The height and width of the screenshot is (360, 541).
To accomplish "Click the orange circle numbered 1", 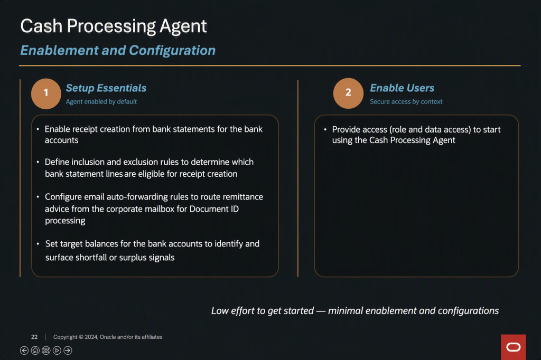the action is coord(46,93).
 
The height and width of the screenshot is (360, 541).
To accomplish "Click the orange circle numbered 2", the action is coord(348,93).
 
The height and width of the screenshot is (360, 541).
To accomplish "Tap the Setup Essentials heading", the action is coord(106,88).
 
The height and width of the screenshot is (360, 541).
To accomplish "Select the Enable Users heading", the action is coord(402,88).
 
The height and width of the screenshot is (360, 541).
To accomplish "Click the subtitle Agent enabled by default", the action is coord(101,102).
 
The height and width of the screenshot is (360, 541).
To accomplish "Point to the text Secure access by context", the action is coord(406,102).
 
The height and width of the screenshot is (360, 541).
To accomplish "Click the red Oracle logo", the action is coord(514,347).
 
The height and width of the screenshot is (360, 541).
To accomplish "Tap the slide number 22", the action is coord(34,337).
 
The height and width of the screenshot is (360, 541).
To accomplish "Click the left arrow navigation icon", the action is coord(24,350).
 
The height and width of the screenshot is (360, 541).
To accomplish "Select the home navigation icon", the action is coord(35,350).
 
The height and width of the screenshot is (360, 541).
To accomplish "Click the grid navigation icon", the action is coord(46,350).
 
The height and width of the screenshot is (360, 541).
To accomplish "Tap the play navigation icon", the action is coord(57,350).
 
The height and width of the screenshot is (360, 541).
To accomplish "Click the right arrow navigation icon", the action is coord(68,350).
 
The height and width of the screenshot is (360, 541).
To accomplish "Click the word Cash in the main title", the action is coord(41,26).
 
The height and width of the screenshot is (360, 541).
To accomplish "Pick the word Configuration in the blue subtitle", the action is coord(172,51).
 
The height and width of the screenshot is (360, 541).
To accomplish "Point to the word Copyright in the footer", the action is coord(65,337).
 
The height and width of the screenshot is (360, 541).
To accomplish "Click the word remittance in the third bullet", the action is coord(243,197).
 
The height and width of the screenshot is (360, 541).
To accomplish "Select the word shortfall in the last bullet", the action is coord(91,258).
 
